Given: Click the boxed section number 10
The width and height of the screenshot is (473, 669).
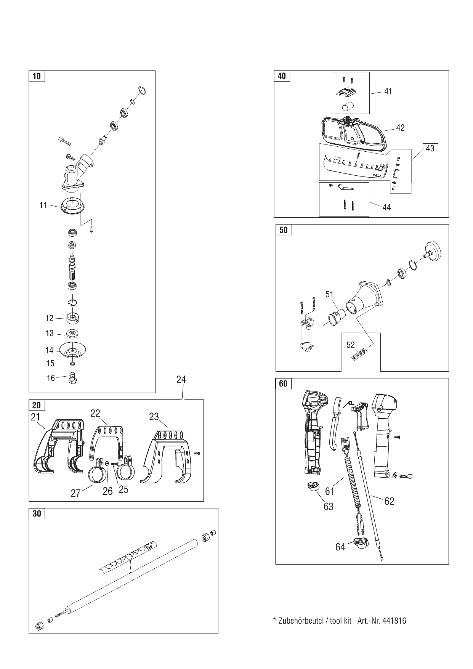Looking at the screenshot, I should (x=36, y=76).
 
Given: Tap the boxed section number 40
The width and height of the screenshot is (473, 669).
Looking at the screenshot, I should (x=282, y=76).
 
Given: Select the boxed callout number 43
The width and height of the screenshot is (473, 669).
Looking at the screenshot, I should (x=430, y=148).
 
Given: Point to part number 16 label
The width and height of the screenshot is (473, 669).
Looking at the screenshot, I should (x=51, y=378).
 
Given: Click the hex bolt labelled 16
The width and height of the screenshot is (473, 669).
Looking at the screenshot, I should (x=72, y=378).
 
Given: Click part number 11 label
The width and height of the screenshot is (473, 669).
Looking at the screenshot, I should (x=43, y=205).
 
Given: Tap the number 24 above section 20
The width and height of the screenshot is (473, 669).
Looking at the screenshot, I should (x=181, y=379).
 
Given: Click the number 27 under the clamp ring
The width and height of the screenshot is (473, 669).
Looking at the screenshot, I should (x=75, y=493).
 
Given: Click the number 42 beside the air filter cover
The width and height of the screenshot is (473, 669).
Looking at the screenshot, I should (x=400, y=128).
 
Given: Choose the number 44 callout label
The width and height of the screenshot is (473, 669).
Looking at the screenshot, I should (x=386, y=207).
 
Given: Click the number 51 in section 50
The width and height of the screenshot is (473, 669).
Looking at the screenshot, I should (x=329, y=294).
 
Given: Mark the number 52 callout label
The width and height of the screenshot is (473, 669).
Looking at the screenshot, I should (x=350, y=345).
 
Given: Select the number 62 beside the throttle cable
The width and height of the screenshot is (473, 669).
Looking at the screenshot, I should (x=389, y=501).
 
